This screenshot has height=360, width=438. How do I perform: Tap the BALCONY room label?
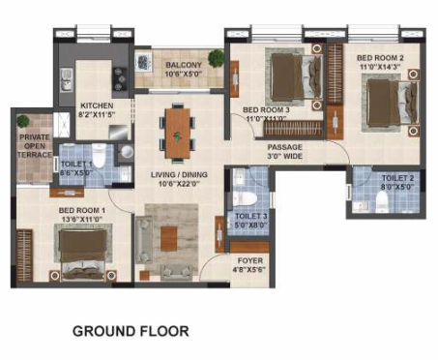point(182,65)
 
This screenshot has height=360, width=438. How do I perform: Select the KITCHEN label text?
point(98,105)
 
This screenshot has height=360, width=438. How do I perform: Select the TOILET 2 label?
point(397,179)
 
